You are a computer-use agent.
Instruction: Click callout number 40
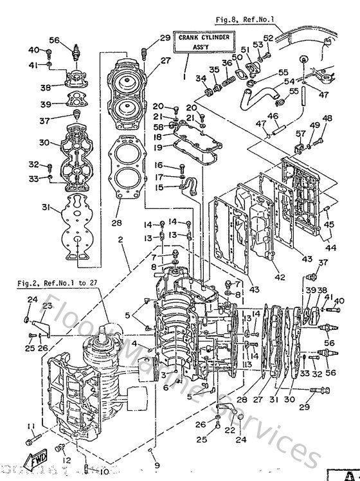point(33,50)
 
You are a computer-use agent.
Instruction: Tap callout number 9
point(156,464)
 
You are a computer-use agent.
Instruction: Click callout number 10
point(104,472)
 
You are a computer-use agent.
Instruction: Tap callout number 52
point(269,37)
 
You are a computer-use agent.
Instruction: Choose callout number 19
point(158,147)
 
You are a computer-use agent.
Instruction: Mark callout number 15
point(159,187)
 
